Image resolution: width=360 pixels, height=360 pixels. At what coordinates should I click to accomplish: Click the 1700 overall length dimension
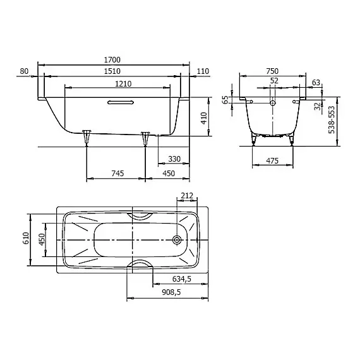112,60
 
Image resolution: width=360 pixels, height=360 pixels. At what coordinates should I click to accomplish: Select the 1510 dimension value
112,71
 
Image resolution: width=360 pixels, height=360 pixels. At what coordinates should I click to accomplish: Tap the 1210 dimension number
123,84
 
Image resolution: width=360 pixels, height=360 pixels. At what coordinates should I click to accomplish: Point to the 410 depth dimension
204,118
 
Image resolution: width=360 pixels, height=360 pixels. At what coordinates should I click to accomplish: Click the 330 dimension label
174,159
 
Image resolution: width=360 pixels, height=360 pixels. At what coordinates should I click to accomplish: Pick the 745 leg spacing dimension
117,173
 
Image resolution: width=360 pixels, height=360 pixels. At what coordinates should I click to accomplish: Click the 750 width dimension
272,71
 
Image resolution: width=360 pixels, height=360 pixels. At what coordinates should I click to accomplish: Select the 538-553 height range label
332,119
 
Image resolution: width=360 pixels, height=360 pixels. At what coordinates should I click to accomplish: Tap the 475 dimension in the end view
272,160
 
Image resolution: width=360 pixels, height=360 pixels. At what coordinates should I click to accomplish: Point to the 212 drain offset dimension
187,196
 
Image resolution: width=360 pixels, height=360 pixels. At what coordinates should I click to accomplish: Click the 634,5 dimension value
182,279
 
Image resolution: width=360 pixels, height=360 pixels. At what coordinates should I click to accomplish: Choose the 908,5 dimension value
171,292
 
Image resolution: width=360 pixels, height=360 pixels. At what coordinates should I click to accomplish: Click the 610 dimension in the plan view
26,238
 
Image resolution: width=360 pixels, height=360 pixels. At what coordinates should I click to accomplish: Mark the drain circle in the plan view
177,240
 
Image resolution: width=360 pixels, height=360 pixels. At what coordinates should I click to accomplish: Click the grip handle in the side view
121,102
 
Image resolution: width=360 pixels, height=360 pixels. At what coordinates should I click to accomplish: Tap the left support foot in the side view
87,138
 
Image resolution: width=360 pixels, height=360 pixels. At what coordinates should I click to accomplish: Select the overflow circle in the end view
272,103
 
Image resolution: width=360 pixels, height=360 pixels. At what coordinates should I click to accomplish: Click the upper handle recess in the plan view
140,216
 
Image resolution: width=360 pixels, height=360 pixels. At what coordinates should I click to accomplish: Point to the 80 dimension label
24,71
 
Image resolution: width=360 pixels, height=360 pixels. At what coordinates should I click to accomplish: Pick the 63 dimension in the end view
316,83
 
